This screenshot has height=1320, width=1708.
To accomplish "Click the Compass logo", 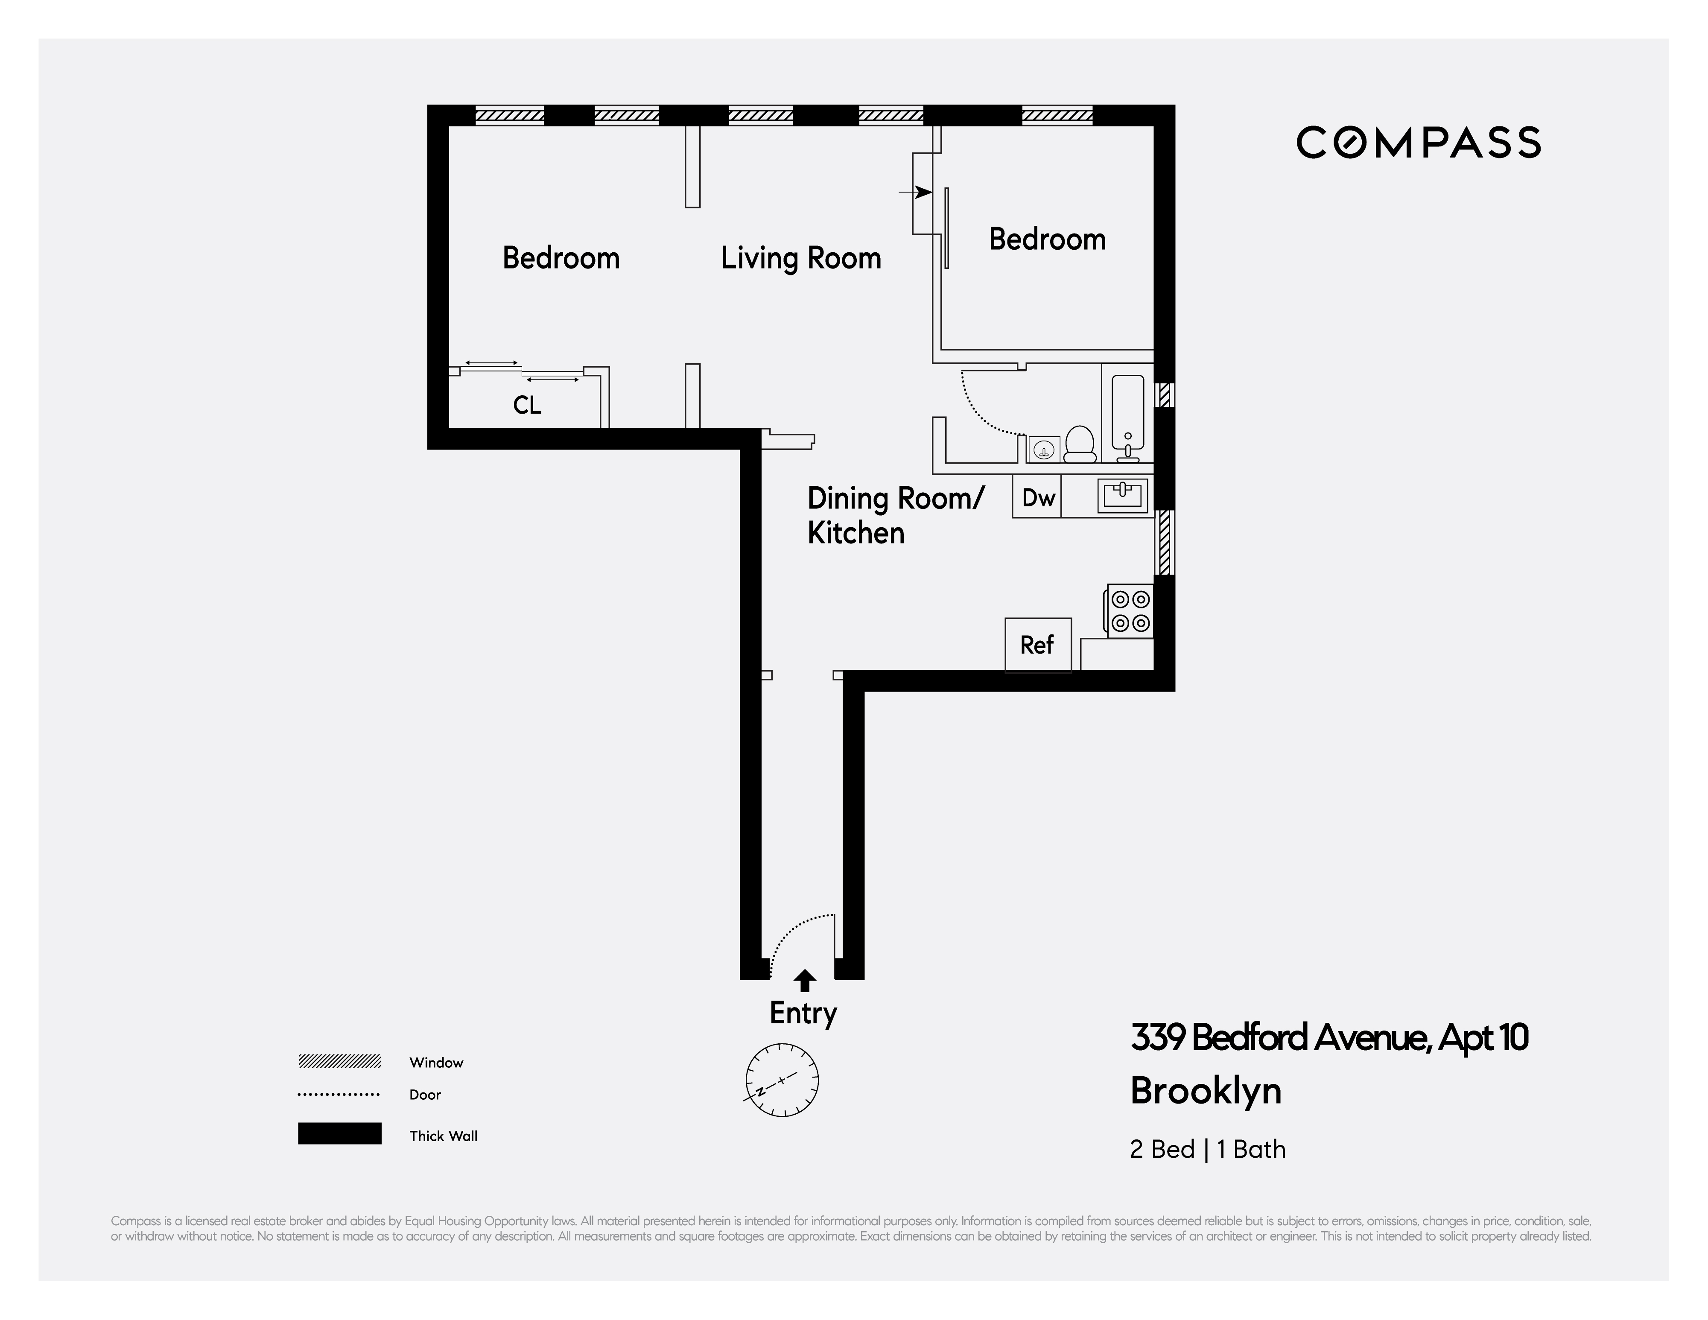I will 1418,142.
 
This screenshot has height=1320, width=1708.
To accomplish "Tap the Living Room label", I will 801,258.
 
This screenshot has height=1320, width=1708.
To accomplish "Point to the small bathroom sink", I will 1043,450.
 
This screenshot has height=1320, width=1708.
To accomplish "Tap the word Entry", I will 803,1013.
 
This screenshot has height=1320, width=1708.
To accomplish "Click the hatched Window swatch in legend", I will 339,1061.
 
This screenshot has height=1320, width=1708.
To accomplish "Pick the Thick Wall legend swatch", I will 339,1134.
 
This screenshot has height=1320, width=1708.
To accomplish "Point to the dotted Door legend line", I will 339,1095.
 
